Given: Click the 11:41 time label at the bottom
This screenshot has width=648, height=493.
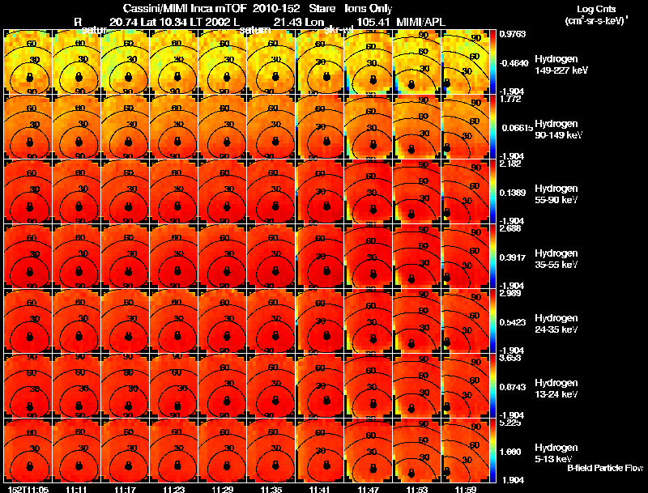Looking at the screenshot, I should pos(319,488).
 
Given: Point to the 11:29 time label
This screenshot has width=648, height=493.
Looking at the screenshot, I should pos(221,488).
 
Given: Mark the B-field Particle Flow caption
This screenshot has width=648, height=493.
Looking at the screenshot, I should pos(604,468).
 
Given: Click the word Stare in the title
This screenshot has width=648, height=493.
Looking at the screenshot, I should pos(311,7).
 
